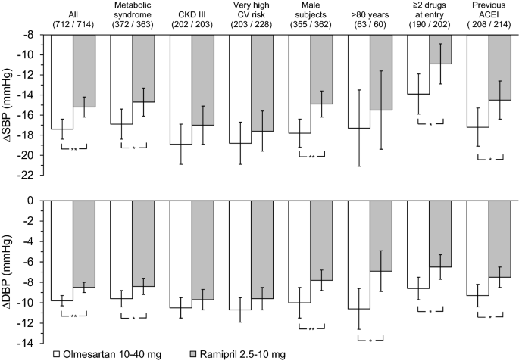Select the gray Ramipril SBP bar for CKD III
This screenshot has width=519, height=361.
(204, 79)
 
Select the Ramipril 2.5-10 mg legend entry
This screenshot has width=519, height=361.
(242, 353)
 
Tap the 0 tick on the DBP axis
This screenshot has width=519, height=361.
(38, 201)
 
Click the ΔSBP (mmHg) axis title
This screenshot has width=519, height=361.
(9, 104)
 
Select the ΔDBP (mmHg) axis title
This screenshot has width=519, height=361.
(9, 272)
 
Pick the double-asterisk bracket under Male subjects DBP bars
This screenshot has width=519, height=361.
(311, 328)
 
